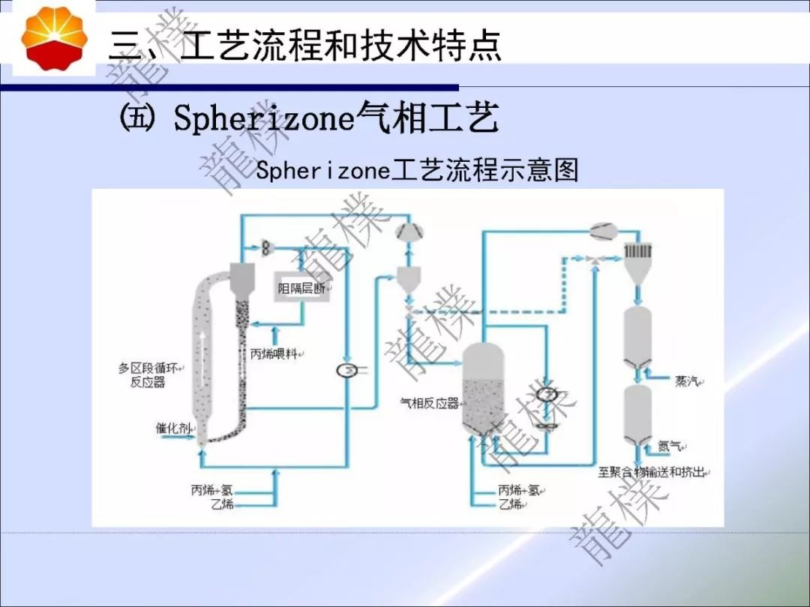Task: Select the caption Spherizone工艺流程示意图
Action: point(417,170)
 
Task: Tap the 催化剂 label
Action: point(170,428)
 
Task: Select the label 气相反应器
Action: point(429,403)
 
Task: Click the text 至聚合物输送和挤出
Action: point(653,472)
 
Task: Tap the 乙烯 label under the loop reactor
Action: point(222,504)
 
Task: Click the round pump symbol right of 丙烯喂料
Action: point(347,370)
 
